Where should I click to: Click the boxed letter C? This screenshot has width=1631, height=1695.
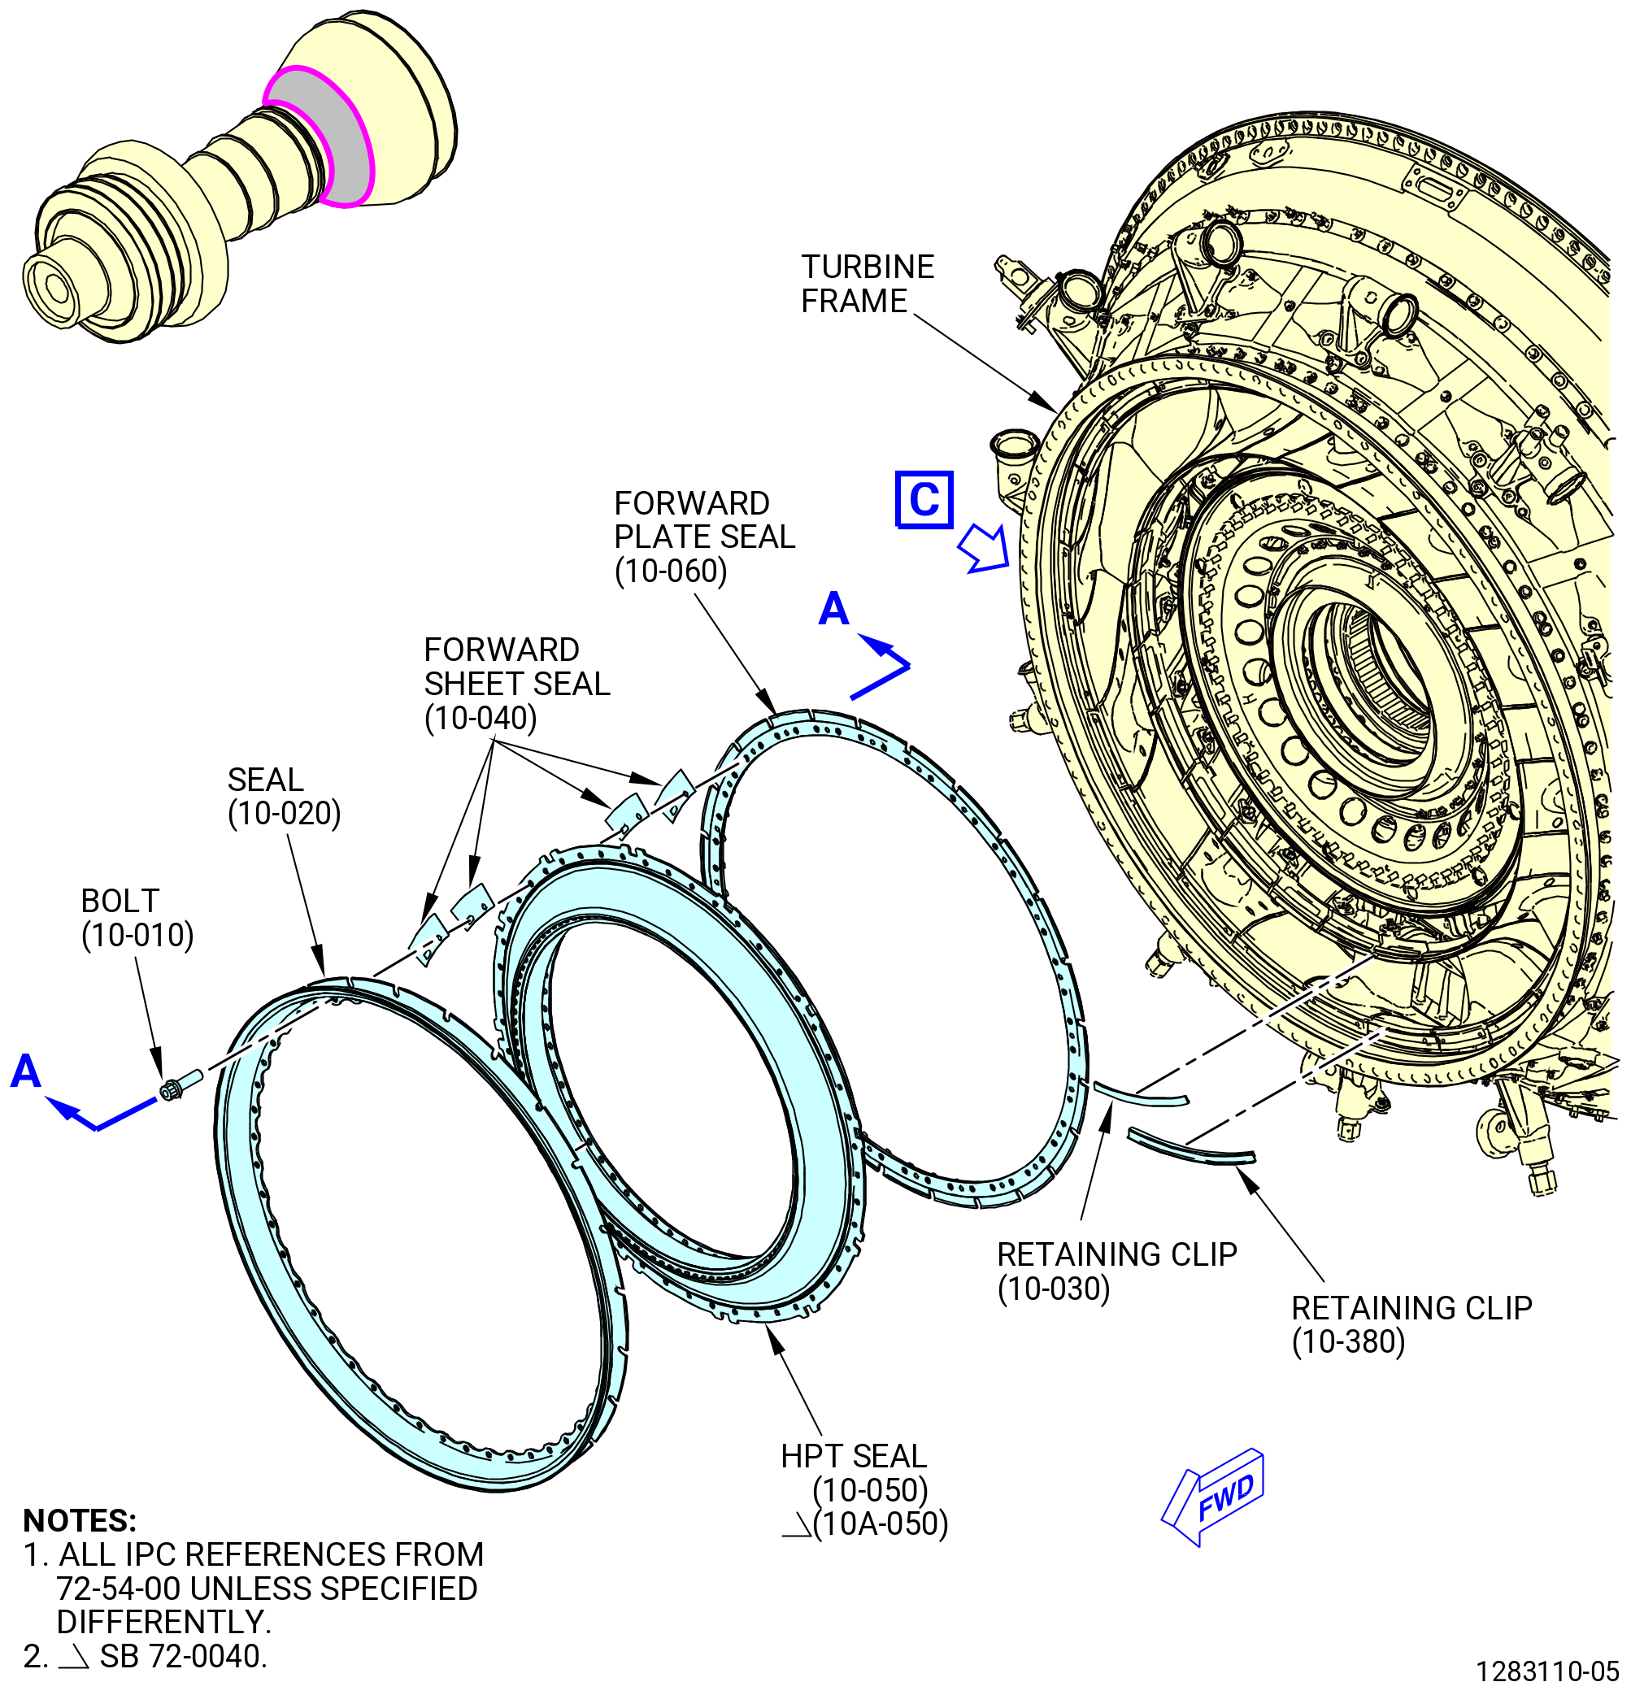coord(924,500)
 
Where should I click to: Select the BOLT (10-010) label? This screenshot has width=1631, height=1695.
coord(137,918)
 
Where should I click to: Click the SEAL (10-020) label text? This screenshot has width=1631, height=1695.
coord(284,797)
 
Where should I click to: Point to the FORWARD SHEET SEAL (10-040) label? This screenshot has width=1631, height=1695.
coord(516,683)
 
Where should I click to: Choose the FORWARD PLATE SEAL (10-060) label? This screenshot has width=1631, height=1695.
coord(704,537)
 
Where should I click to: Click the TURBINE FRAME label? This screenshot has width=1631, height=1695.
coord(868,284)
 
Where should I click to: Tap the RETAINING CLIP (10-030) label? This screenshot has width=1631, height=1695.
coord(1116,1271)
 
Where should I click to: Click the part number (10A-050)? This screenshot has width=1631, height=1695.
coord(881,1523)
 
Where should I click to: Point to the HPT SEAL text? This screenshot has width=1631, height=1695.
coord(854,1455)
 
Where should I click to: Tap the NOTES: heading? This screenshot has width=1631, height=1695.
coord(80,1520)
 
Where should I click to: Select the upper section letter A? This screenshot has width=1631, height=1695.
coord(833,609)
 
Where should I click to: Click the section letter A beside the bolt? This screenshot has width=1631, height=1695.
coord(26,1071)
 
